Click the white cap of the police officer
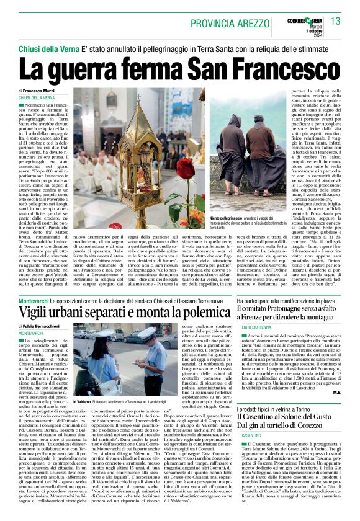click(147, 334)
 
